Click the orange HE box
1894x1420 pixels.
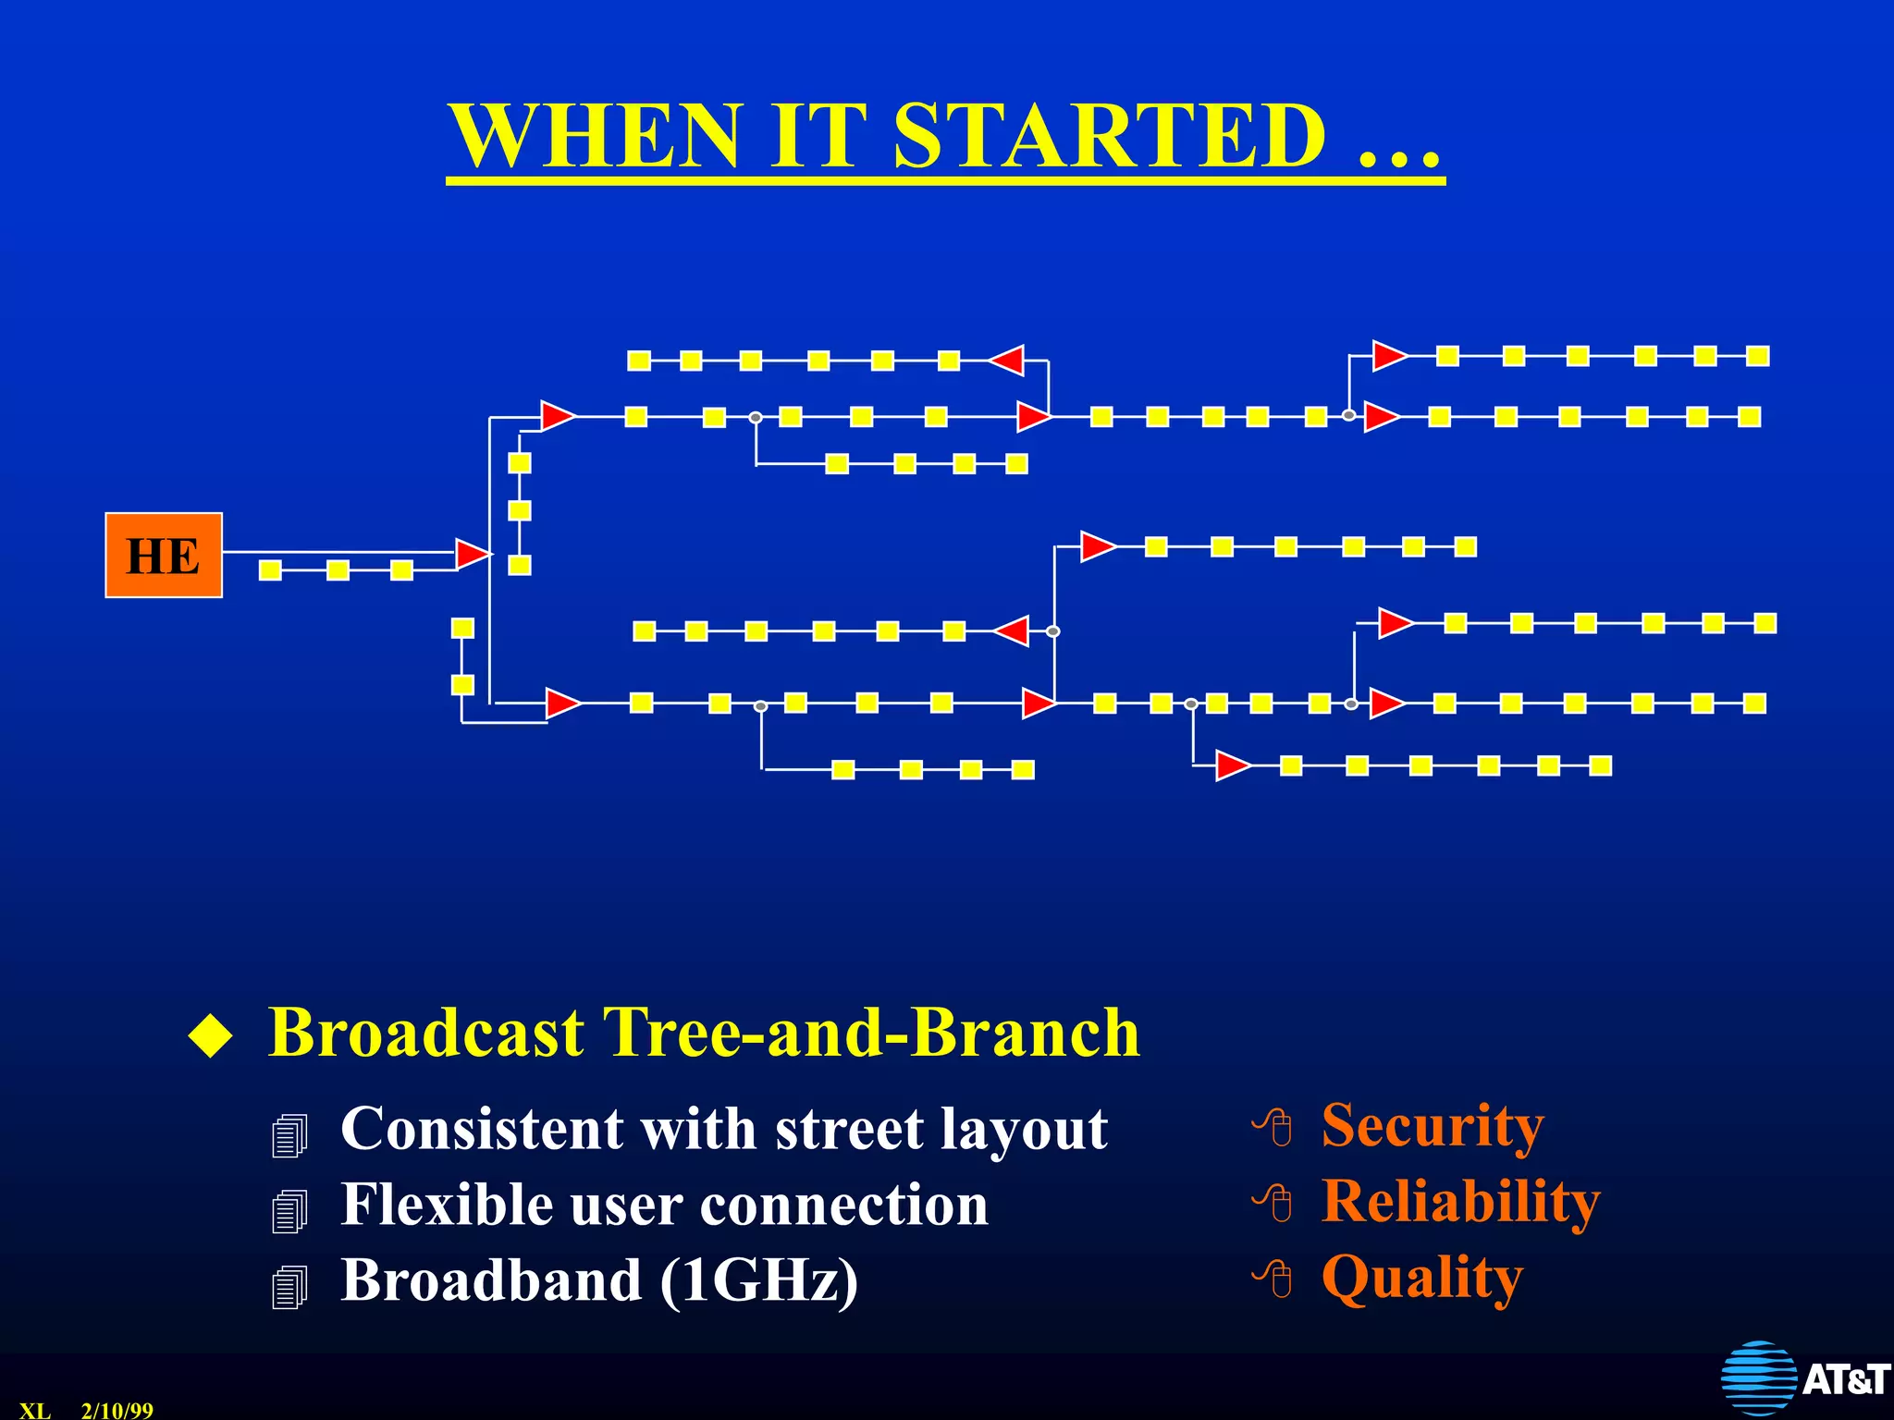pos(164,555)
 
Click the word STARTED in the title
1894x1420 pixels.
pos(1110,136)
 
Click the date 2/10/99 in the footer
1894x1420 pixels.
pos(117,1410)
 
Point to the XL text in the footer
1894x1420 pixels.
pos(35,1410)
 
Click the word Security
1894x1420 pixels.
pos(1432,1126)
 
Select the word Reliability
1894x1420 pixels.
pos(1460,1202)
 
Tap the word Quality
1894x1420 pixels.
pos(1421,1278)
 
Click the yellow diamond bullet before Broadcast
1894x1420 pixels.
pos(211,1034)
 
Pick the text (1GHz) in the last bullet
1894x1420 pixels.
pos(758,1281)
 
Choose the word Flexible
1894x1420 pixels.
pos(447,1205)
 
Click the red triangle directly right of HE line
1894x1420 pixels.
pos(472,554)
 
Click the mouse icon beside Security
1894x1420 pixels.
pos(1273,1127)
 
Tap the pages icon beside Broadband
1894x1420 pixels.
pos(289,1286)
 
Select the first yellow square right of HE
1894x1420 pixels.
pos(270,569)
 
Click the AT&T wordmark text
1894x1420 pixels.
pos(1845,1379)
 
